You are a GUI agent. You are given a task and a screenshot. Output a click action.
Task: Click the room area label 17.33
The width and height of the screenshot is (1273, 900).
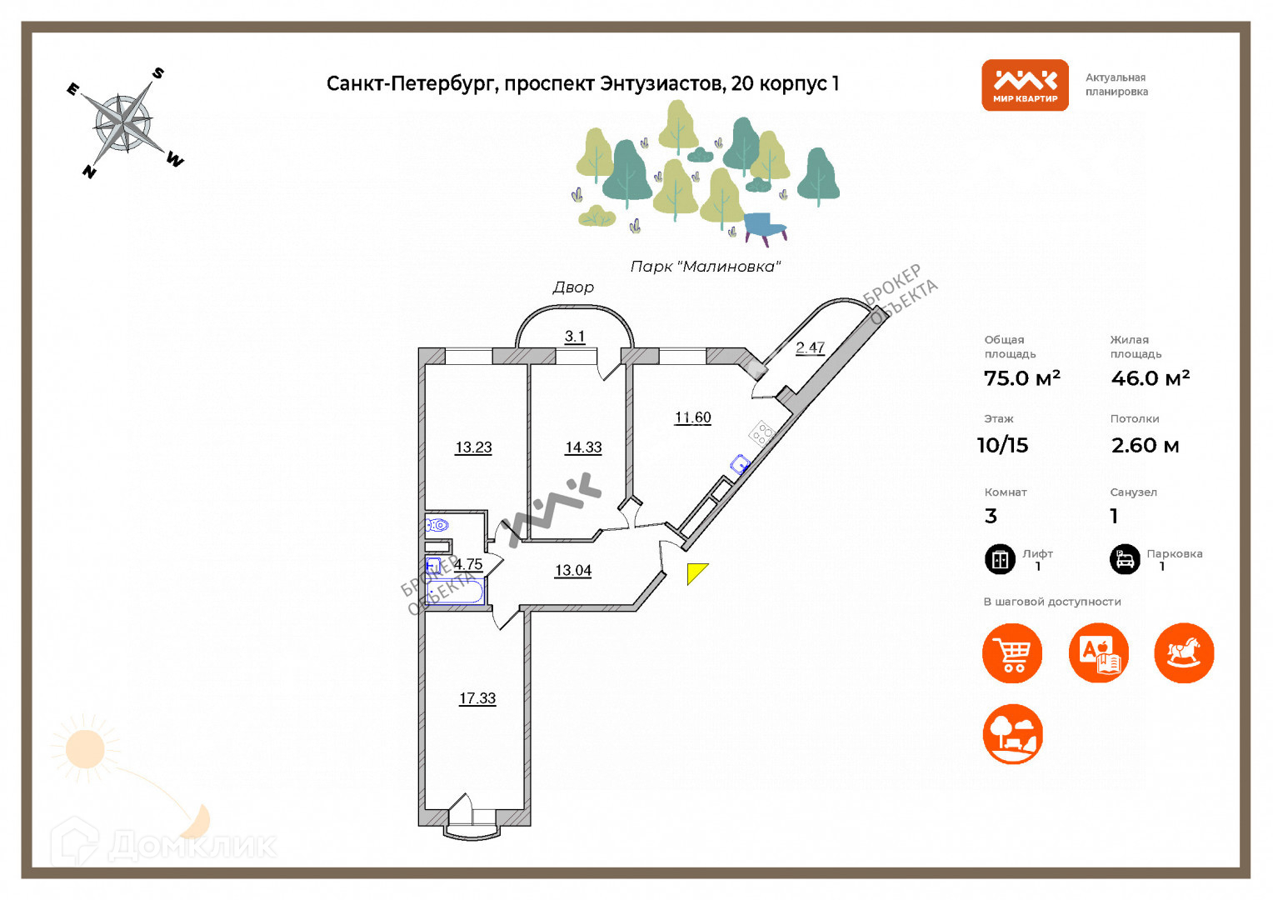(x=477, y=698)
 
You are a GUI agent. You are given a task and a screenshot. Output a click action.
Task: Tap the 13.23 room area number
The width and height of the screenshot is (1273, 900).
(x=473, y=447)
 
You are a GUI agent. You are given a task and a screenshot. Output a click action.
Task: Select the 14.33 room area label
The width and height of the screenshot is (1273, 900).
(x=583, y=447)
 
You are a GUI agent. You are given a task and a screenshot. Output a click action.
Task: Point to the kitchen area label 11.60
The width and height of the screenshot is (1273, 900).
(x=692, y=417)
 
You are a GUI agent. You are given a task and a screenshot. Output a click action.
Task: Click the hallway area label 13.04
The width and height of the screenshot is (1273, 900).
(x=573, y=571)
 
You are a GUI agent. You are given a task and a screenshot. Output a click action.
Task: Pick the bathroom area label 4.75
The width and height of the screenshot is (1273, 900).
(x=468, y=564)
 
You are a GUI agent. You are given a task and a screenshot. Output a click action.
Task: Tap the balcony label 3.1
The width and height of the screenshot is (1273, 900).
(x=575, y=337)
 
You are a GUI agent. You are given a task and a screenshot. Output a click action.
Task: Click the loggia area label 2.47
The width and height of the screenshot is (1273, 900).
(x=810, y=347)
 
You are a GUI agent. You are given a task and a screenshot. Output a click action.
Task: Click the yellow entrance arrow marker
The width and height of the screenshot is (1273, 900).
(x=696, y=572)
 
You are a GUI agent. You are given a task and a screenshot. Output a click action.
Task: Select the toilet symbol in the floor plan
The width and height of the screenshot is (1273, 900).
(x=437, y=525)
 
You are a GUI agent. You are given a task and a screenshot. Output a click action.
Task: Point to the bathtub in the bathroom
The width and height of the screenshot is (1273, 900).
(x=454, y=592)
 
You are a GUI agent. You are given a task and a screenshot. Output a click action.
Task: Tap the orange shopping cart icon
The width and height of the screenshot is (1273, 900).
(x=1012, y=653)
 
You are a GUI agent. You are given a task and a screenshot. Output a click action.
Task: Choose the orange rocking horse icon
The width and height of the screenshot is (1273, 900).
(x=1184, y=653)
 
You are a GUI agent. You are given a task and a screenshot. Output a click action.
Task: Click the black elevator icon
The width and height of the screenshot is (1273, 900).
(x=1000, y=559)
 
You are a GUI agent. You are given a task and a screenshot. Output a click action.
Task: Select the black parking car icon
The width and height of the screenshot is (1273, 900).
(x=1125, y=559)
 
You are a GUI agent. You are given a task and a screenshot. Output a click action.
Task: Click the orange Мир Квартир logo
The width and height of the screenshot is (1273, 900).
(x=1025, y=85)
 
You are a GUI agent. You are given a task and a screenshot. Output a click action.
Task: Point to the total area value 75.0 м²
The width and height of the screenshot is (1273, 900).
(x=1021, y=378)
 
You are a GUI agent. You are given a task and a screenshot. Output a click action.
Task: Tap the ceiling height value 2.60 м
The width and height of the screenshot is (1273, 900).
(x=1145, y=446)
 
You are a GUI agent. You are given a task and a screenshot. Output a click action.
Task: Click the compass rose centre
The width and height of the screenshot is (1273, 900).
(x=124, y=122)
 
